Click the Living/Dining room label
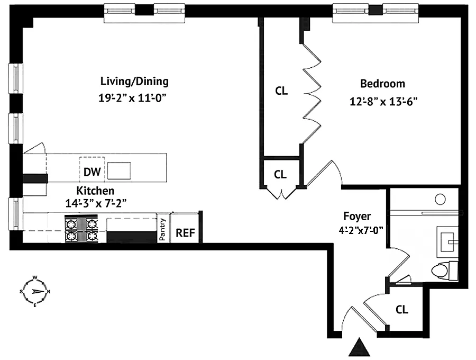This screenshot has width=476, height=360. click(x=134, y=82)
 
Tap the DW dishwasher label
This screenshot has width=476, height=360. click(x=91, y=172)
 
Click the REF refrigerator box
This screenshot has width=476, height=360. click(x=185, y=232)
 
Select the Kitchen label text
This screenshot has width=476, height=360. click(x=95, y=191)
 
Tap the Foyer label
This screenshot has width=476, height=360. click(x=357, y=216)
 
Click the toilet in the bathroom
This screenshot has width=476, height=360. click(x=440, y=271)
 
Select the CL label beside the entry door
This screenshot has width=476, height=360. click(x=402, y=310)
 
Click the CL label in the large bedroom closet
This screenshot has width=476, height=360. click(x=281, y=91)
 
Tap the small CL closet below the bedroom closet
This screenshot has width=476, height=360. click(x=281, y=174)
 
